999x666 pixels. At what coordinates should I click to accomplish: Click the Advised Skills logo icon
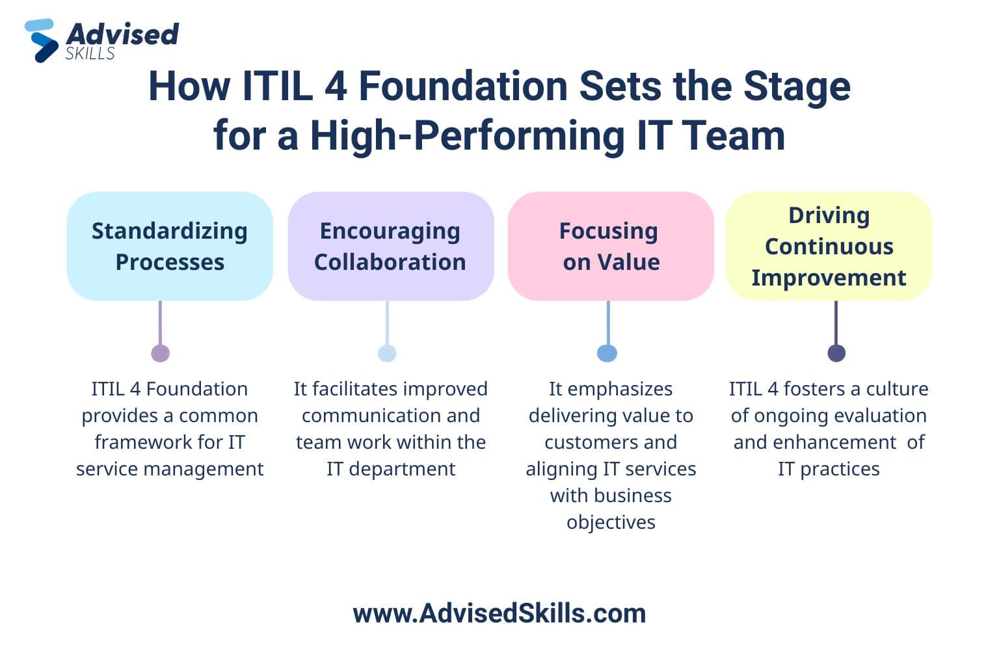point(42,40)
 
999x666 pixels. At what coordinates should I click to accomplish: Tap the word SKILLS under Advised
point(90,53)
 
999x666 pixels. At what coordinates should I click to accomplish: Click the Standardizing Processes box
point(170,246)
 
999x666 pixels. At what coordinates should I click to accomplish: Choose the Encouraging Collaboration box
point(391,246)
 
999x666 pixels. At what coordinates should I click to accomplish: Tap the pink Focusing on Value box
point(611,246)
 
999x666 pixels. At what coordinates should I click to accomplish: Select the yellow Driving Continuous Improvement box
point(829,246)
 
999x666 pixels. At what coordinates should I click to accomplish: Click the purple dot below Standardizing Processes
point(161,353)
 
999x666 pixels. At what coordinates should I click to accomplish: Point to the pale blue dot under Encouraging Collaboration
point(387,353)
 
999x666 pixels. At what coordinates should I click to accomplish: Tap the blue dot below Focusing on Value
point(607,353)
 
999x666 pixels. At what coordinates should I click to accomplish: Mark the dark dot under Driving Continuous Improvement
point(836,353)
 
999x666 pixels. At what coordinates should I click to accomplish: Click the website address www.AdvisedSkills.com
point(499,613)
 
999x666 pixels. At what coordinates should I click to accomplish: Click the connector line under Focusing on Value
point(608,323)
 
